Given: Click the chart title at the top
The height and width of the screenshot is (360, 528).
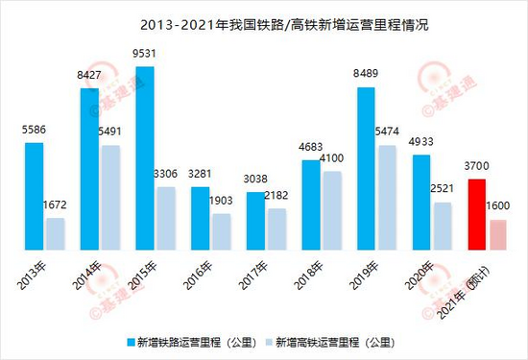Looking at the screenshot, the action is tap(284, 25).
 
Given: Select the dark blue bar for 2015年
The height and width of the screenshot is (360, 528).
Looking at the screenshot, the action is tap(145, 158).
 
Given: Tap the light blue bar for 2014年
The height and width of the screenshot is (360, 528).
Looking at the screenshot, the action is tap(111, 198).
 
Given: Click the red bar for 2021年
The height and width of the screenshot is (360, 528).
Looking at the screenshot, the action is tap(477, 214).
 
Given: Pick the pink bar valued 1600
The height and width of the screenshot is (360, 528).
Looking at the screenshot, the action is tap(498, 235).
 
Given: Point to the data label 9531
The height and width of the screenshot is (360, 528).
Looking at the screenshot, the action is tap(144, 54).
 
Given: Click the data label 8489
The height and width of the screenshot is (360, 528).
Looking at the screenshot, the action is tap(366, 73).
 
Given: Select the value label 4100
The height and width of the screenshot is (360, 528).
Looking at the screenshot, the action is tap(331, 158).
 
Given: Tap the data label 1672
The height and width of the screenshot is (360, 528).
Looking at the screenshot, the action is tap(55, 204).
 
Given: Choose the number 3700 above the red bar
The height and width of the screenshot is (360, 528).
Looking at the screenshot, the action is tap(476, 166).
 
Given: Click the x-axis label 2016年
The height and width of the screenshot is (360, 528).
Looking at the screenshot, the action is tap(198, 276).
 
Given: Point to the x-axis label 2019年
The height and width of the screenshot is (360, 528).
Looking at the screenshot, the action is tap(364, 276).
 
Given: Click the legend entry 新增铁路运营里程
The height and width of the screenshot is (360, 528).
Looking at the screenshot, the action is tap(192, 343).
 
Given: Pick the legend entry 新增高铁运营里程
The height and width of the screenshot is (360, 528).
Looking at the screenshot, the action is tap(330, 343).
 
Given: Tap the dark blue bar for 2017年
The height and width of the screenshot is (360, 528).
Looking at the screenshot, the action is tap(255, 221).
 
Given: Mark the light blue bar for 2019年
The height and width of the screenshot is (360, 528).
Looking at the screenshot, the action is tap(387, 198).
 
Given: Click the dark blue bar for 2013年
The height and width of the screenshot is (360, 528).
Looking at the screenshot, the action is tap(34, 197).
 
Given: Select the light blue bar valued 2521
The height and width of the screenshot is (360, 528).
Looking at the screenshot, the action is tap(443, 226).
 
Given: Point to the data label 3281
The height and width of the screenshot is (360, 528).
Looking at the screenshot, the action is tap(200, 174).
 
